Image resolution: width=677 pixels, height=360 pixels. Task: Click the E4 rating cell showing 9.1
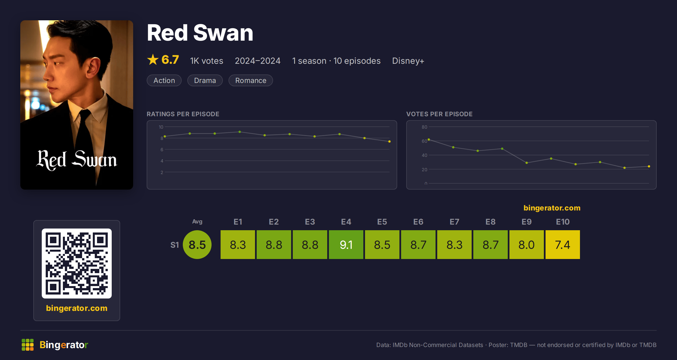(x=346, y=245)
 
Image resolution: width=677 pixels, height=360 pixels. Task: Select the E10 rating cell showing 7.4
(x=563, y=245)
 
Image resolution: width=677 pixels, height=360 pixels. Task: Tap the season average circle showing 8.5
(x=197, y=245)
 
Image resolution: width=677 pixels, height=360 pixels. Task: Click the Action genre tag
(x=164, y=80)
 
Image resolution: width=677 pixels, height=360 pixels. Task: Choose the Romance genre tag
(x=251, y=80)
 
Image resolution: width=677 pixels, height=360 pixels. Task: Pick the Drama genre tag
(x=205, y=80)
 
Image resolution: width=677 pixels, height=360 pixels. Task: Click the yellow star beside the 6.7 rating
(x=153, y=60)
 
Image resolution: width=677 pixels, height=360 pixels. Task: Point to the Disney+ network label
(x=408, y=61)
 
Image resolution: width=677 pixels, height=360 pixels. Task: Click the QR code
(x=77, y=264)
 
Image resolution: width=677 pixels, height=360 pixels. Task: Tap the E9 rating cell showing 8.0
(x=527, y=245)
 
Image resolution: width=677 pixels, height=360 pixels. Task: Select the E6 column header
(x=418, y=222)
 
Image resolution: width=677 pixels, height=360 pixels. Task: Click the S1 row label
(x=175, y=245)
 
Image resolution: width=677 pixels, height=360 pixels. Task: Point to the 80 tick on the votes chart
(x=425, y=127)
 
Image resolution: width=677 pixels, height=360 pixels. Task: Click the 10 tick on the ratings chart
(x=161, y=127)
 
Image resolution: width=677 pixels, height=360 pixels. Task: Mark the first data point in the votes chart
(x=429, y=140)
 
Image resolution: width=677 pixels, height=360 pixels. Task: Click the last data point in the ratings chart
(x=390, y=141)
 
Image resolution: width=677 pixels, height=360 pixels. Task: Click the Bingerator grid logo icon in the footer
(x=28, y=345)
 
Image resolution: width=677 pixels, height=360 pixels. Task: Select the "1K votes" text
(x=207, y=61)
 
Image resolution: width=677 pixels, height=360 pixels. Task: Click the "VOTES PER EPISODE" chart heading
(x=439, y=114)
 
